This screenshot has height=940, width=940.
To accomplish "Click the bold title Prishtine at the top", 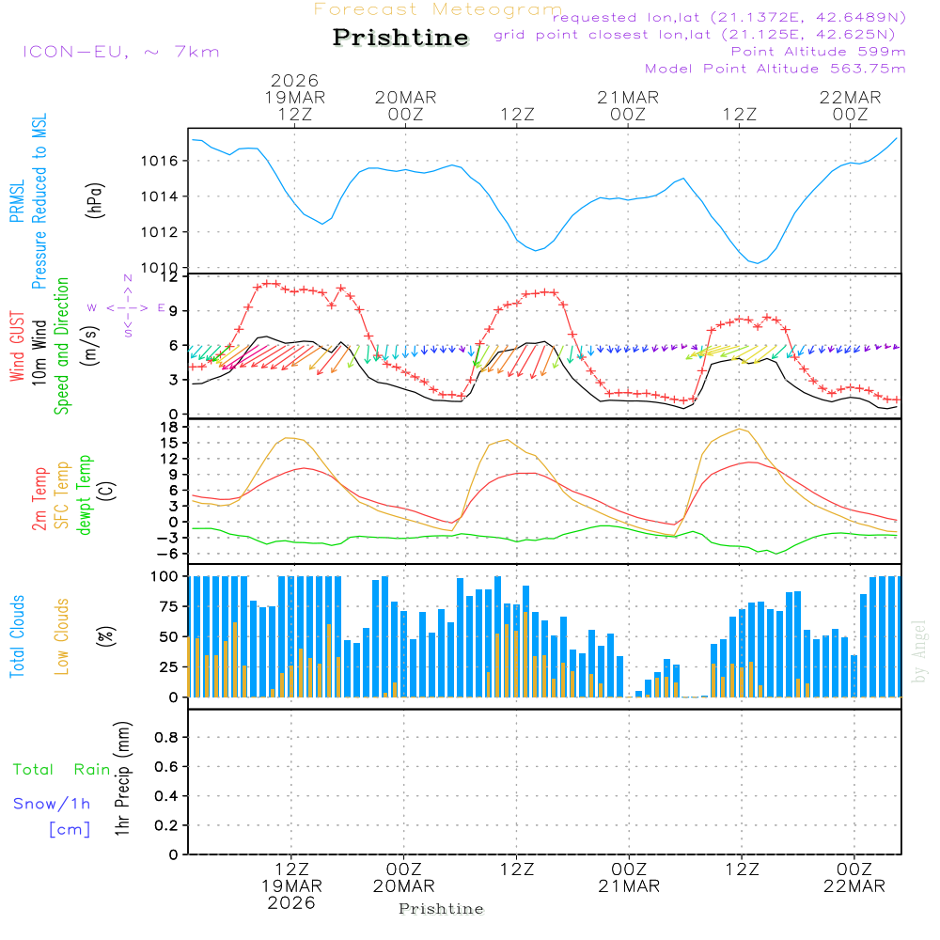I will tap(400, 38).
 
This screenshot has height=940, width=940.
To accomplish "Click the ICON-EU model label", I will tap(119, 52).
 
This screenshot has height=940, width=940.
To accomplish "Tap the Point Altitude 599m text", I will tap(818, 52).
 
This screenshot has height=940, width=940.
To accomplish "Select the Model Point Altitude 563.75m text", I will tap(775, 69).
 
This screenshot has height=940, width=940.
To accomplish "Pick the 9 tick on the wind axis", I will tap(173, 311).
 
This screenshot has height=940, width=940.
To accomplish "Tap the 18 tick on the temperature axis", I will tap(170, 427).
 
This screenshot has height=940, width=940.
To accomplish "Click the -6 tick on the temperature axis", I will tap(170, 554).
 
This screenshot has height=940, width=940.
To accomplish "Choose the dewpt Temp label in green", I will tap(85, 495).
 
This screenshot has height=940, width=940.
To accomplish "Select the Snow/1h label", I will tap(52, 805).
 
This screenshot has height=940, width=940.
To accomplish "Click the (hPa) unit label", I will tap(95, 199).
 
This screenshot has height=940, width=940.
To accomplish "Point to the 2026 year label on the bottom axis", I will tap(291, 903).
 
